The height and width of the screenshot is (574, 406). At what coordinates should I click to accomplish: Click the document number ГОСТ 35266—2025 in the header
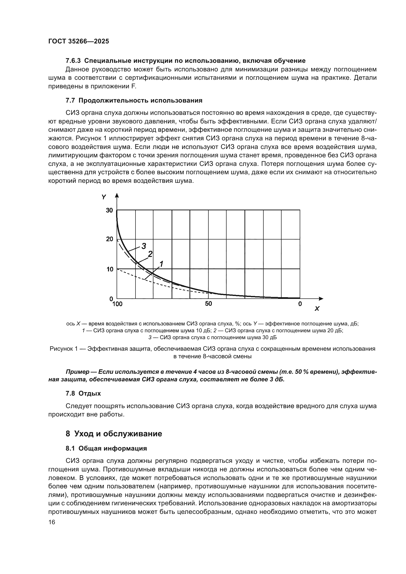(x=79, y=41)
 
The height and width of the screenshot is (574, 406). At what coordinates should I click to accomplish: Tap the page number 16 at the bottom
(x=52, y=522)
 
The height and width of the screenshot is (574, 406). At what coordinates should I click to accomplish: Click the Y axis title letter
(x=104, y=197)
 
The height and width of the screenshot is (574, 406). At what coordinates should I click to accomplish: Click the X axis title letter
(x=317, y=309)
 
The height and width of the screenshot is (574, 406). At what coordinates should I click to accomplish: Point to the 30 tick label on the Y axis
(x=109, y=210)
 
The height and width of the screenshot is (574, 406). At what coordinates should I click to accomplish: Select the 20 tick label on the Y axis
(x=109, y=239)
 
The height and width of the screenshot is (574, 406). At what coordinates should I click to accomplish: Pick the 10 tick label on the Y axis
(x=109, y=269)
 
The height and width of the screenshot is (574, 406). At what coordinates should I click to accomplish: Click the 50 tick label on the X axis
(x=208, y=304)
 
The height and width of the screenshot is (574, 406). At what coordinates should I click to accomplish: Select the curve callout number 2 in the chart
(x=150, y=254)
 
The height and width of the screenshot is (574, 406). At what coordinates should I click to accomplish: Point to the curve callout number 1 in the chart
(x=161, y=264)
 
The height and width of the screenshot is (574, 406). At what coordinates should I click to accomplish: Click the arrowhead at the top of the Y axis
(x=117, y=196)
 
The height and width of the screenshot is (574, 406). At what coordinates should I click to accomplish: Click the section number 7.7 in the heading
(x=70, y=101)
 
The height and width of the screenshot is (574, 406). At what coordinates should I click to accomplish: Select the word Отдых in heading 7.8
(x=90, y=393)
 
